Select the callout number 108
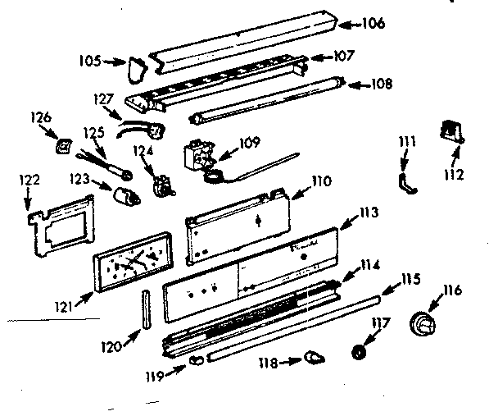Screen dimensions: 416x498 coord(381,84)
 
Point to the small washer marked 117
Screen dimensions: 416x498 coord(358,350)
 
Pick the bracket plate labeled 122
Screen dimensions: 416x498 coord(63,222)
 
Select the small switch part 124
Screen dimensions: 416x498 coord(162,187)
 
